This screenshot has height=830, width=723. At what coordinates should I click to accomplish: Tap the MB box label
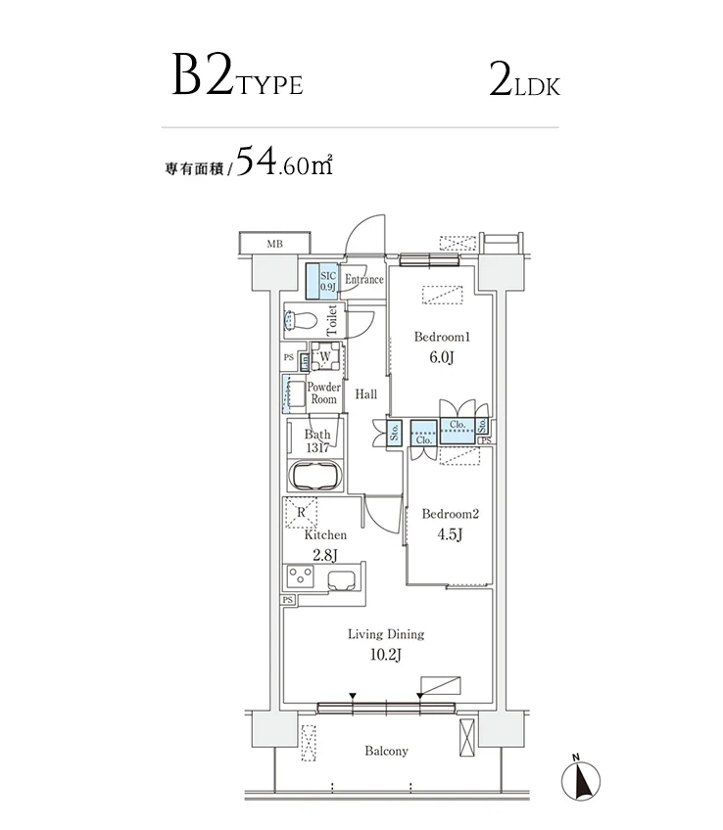[x=275, y=243]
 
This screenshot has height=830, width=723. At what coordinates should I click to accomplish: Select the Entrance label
[x=363, y=280]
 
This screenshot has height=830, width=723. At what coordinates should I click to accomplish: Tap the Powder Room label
[x=323, y=393]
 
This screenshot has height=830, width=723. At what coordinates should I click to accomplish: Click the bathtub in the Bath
[x=314, y=477]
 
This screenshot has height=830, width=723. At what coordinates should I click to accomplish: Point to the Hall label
[x=366, y=394]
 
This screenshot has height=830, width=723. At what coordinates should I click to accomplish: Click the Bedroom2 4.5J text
[x=450, y=524]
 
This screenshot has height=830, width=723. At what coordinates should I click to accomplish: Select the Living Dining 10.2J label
[x=385, y=644]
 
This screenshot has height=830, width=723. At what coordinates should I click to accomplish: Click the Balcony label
[x=386, y=751]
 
